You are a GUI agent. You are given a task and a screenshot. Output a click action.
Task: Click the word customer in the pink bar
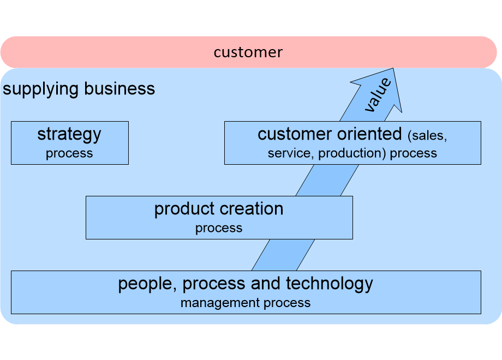click(248, 52)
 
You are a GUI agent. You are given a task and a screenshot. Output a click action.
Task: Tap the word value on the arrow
click(378, 95)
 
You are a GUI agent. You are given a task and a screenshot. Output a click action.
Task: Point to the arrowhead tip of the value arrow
click(393, 68)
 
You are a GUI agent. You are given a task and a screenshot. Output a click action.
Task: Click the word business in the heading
click(119, 88)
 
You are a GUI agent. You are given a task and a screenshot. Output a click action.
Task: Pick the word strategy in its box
click(69, 134)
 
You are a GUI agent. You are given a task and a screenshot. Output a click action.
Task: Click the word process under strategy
click(69, 154)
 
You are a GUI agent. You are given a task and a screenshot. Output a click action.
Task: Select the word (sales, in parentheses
click(427, 136)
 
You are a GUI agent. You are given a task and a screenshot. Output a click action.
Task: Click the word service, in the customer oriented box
click(291, 153)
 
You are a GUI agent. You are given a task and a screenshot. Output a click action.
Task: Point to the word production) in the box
click(352, 153)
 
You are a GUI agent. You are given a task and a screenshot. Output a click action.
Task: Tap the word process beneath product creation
click(219, 229)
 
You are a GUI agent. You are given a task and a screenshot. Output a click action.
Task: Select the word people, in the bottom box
click(147, 285)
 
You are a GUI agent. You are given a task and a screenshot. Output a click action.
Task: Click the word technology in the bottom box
click(330, 284)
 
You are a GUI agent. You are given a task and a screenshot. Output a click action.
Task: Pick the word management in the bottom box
click(220, 303)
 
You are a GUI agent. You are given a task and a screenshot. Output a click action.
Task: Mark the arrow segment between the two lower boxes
click(283, 255)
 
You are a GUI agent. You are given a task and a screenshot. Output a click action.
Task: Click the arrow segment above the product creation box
click(327, 181)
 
